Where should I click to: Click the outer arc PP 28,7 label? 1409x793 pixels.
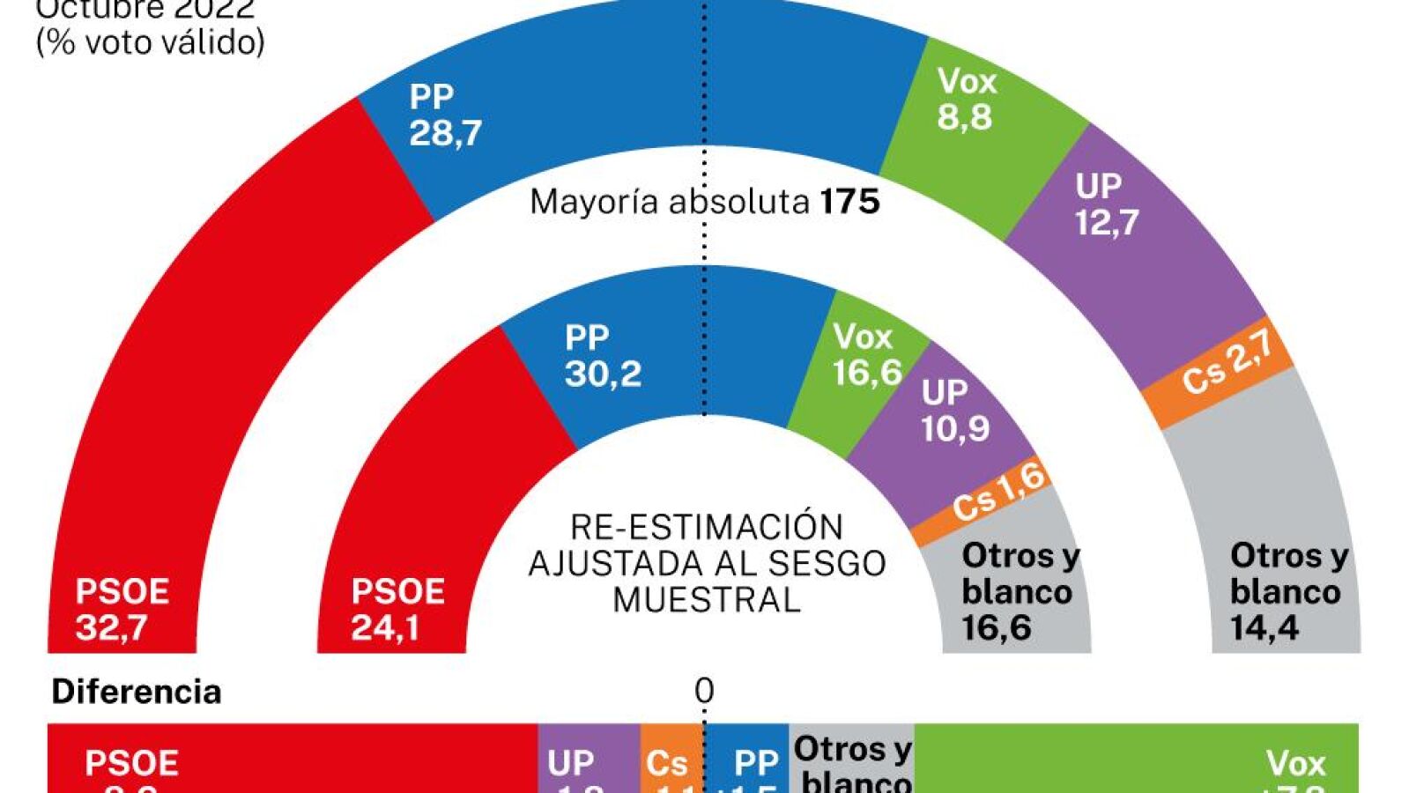445,115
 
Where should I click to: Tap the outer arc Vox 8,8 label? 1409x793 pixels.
966,99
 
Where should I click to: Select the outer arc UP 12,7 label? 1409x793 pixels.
1106,204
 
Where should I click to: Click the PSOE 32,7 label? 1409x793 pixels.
122,609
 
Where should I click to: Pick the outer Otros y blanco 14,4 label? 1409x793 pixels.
1287,591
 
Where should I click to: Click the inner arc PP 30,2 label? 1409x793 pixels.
602,356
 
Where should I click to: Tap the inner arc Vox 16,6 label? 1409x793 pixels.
866,354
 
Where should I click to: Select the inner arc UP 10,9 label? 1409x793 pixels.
954,410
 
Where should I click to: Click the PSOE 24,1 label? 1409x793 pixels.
397,609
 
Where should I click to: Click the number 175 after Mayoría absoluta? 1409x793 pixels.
849,203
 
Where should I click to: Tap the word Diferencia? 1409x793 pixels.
137,692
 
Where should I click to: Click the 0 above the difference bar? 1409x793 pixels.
703,691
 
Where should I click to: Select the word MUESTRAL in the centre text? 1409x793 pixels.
706,600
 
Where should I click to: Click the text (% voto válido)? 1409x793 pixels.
150,42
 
